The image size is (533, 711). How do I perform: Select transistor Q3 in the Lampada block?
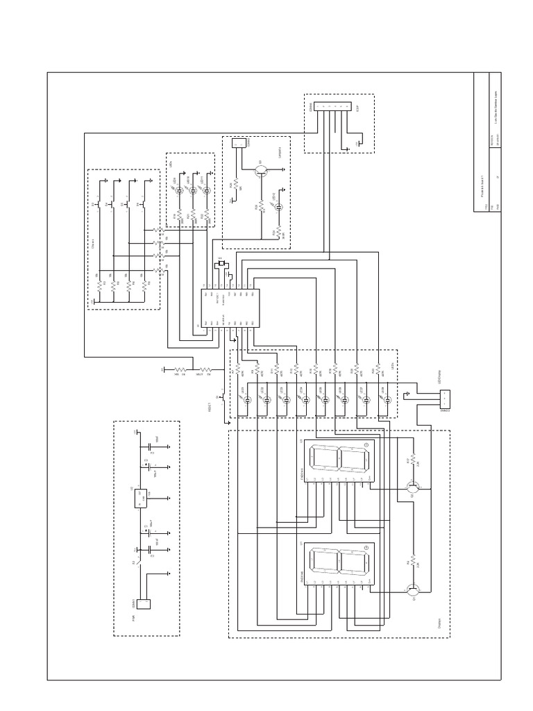tap(262, 169)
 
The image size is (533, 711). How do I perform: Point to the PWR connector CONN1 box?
tap(144, 606)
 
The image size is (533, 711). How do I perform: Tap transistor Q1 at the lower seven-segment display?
tap(412, 590)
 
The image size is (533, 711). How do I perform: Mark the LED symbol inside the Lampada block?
tap(278, 208)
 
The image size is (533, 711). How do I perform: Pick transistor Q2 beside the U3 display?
tap(412, 489)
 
